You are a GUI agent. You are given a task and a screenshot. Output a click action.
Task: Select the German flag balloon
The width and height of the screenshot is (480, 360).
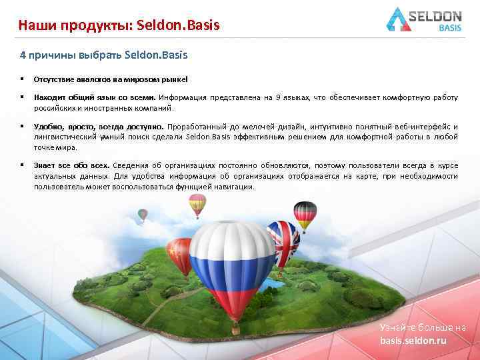[305, 213]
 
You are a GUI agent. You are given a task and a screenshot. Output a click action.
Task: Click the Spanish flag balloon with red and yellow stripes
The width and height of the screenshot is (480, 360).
[197, 203]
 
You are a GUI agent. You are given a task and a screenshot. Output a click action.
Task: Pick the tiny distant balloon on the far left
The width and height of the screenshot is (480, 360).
[143, 215]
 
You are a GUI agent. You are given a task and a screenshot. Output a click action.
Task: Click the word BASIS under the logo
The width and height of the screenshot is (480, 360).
[453, 28]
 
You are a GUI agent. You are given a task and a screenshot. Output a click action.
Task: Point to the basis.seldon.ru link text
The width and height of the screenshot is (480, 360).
[413, 341]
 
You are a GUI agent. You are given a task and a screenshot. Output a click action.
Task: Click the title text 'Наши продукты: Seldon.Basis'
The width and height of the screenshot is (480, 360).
[119, 26]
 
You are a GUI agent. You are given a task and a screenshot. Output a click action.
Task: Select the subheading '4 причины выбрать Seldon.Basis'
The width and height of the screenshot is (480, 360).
[103, 54]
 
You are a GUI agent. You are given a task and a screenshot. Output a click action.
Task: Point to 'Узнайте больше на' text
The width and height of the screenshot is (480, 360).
[423, 327]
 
